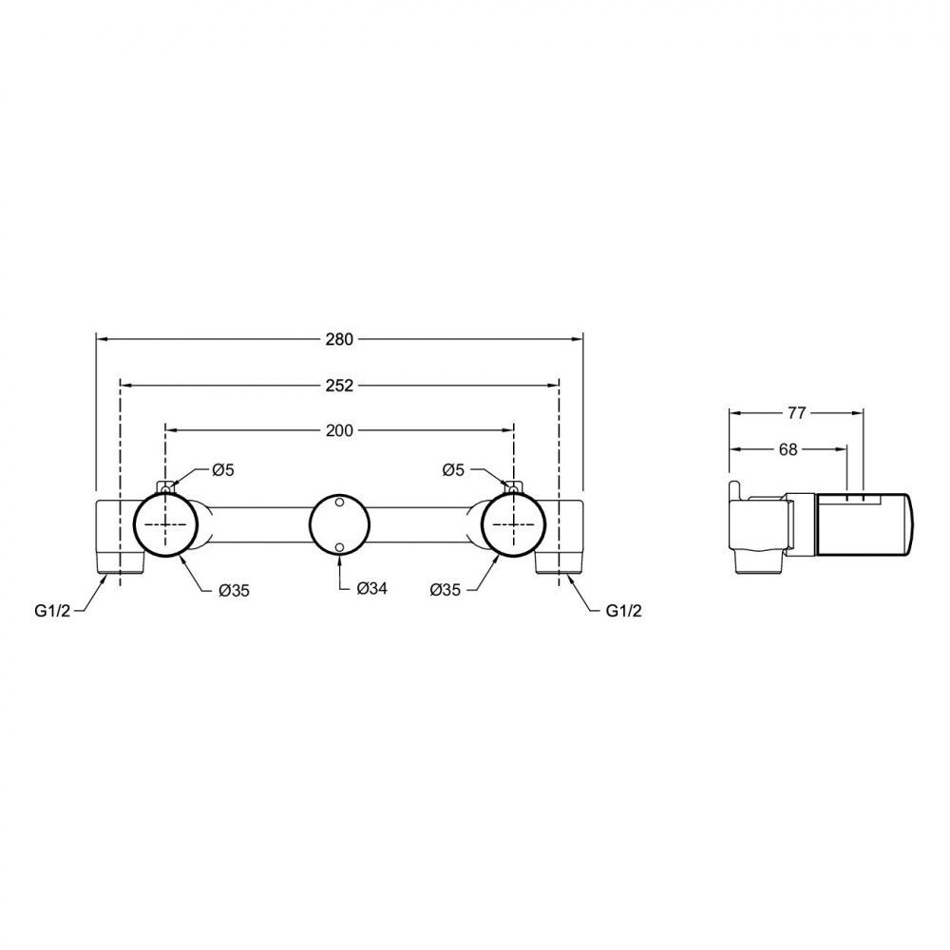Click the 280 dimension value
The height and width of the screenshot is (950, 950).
339,339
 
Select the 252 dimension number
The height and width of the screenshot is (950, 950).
339,386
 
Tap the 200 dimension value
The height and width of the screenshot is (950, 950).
339,430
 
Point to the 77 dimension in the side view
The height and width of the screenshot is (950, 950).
797,412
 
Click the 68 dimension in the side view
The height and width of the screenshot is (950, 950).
788,449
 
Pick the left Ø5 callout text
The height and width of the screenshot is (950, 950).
222,469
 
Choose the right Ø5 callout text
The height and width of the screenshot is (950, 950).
453,469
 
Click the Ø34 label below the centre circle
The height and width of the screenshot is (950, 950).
372,588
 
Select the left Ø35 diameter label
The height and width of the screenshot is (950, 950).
234,590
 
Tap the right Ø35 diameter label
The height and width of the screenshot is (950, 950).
446,590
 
